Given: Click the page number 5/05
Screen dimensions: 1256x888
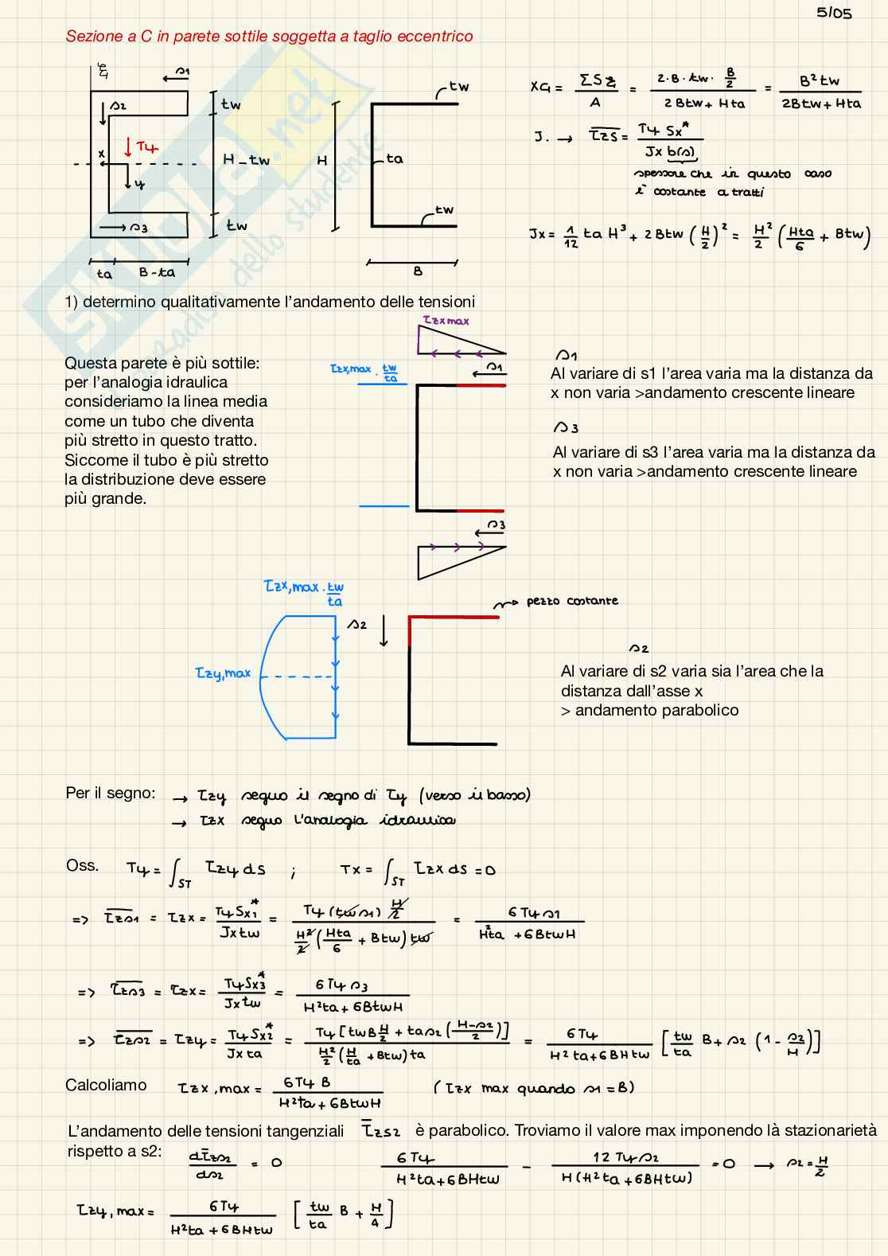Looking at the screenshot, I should pos(834,13).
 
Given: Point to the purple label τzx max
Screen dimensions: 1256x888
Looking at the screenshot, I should pos(446,321).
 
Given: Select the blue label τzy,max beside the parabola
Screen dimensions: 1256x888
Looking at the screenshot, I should pos(223,673).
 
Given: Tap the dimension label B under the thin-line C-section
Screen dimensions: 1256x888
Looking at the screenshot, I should pos(418,271).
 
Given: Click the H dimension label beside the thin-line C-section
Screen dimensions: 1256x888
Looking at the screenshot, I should pos(322,161).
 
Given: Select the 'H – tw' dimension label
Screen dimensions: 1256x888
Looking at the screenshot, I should pos(246,160).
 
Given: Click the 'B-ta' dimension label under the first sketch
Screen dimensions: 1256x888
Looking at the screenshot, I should pos(156,273).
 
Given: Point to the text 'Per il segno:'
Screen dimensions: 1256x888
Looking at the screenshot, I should pos(111,794).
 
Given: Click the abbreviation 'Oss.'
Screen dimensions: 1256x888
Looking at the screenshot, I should pos(83,866).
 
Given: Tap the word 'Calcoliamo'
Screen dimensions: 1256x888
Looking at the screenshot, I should pos(106,1085).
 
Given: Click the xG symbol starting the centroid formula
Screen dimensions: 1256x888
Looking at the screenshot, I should pos(540,88).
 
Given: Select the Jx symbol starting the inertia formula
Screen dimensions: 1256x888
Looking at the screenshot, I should pos(537,235).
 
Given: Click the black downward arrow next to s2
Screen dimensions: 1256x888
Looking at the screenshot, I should pos(384,633).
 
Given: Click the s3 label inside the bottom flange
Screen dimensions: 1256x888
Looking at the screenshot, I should pos(138,228).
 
